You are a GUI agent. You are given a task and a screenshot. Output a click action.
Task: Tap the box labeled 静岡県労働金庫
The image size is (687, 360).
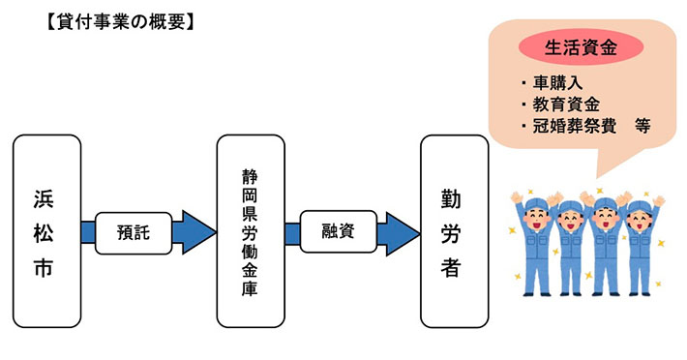pos(251,231)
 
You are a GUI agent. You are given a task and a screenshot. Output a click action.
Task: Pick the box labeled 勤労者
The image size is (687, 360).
pos(453,231)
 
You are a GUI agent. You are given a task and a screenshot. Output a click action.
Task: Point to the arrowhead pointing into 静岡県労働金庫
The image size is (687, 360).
pos(198,232)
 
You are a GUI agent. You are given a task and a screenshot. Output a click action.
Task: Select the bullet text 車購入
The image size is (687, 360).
pos(553,82)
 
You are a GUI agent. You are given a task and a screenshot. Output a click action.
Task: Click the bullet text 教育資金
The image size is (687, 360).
pos(560,105)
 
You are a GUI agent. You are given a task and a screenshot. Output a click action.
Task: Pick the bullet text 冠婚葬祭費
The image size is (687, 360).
pos(568,127)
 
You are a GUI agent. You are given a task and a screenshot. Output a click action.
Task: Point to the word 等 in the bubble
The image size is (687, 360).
pos(641,127)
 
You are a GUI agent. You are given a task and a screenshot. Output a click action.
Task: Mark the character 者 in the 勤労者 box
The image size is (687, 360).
pos(453,267)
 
